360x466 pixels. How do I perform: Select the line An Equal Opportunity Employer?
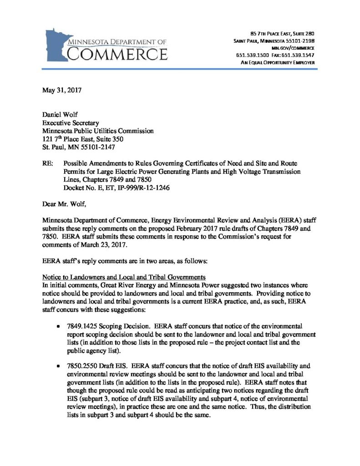coord(278,62)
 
